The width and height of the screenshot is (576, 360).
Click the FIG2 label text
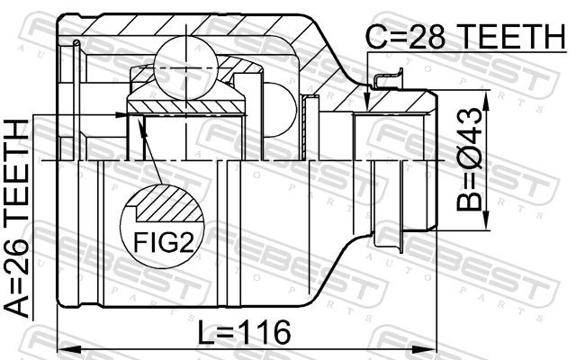tap(163, 242)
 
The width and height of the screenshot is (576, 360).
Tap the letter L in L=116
tap(205, 332)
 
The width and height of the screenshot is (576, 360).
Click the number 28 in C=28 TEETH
tap(427, 37)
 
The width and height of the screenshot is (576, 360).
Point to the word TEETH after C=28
tap(512, 37)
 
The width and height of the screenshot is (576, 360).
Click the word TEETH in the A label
tap(16, 170)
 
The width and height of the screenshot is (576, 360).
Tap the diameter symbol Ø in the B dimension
tap(468, 158)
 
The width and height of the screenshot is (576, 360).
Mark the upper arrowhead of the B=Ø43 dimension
tap(486, 100)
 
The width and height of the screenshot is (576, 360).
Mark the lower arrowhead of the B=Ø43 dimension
tap(486, 220)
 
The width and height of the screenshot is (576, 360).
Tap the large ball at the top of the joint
tap(186, 68)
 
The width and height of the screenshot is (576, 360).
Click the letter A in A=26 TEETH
tap(16, 306)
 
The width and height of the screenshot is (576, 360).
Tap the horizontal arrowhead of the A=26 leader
tap(121, 115)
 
